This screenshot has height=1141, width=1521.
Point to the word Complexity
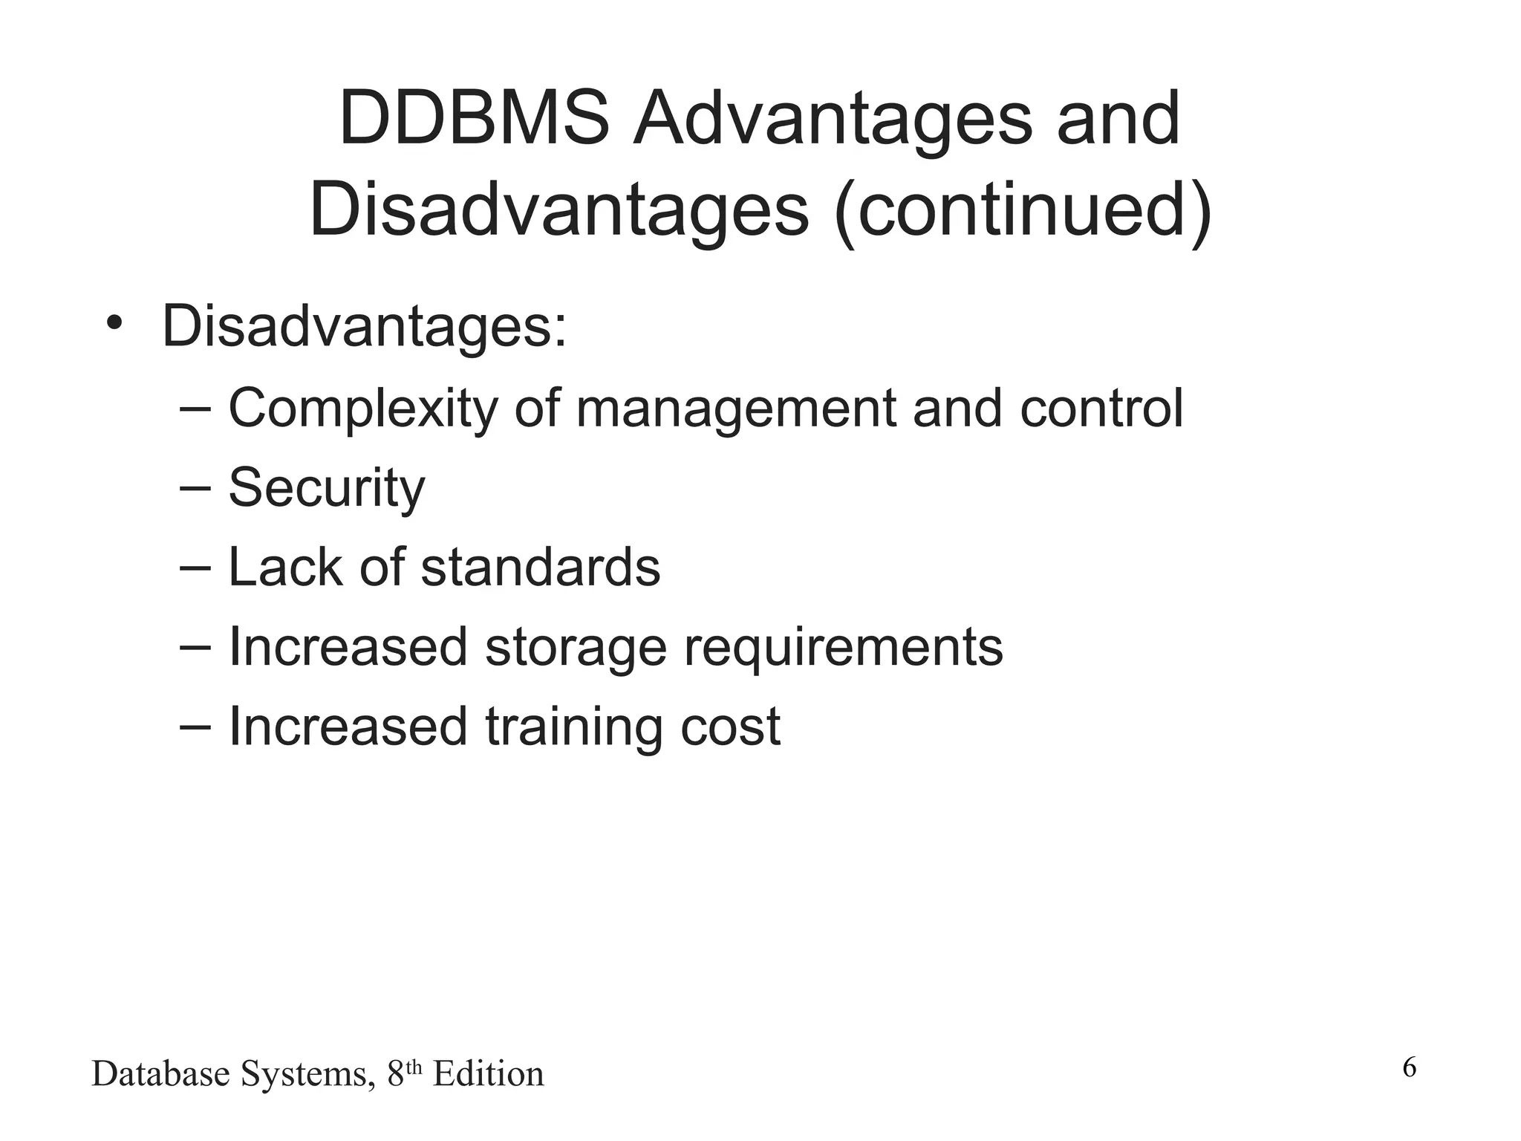point(362,409)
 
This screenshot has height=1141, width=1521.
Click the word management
point(736,409)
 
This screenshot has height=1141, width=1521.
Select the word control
point(1101,409)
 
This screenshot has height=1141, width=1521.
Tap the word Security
point(327,488)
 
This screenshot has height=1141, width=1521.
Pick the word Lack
point(284,567)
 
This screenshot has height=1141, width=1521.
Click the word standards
point(541,567)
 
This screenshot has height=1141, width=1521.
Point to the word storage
point(576,647)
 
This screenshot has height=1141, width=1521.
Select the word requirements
point(843,647)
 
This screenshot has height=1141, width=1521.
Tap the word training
point(574,726)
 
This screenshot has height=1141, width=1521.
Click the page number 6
point(1409,1067)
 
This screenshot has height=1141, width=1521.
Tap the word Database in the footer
point(160,1074)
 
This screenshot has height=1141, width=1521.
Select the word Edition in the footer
point(489,1074)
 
